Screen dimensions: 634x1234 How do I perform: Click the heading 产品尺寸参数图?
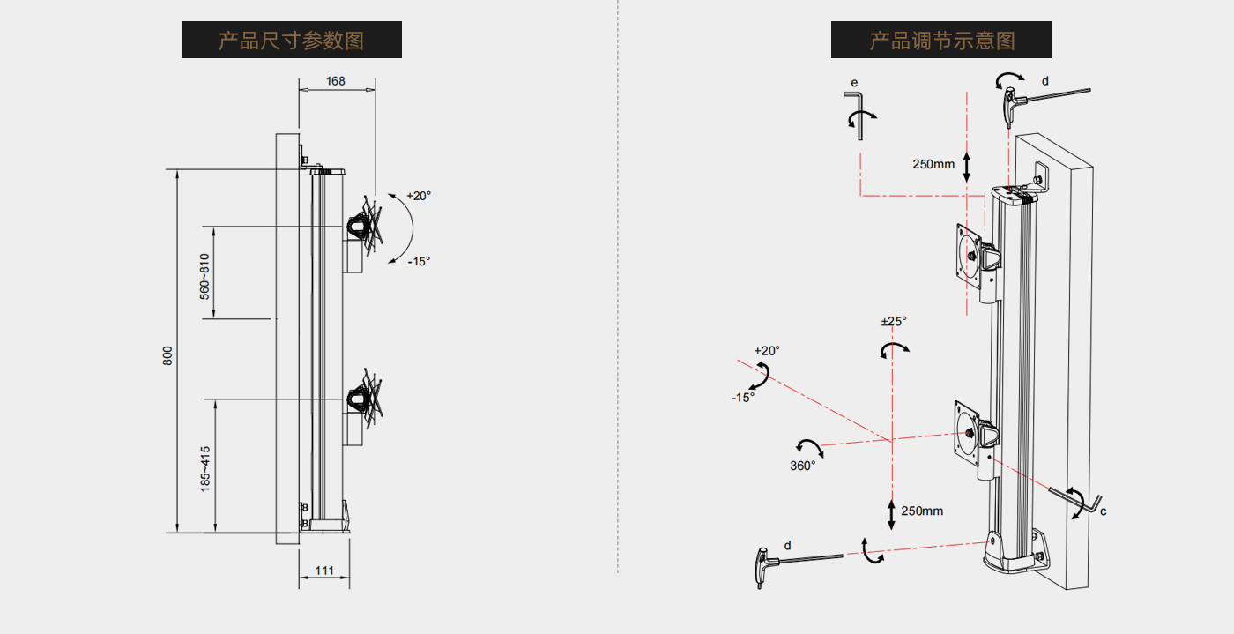291,41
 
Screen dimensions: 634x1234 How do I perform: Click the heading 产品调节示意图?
940,41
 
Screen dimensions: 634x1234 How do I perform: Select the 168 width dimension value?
335,81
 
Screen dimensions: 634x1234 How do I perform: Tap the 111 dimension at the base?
323,571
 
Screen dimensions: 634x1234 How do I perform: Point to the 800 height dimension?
167,354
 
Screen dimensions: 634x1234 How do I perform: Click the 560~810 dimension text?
204,276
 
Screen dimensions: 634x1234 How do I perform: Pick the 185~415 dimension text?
204,468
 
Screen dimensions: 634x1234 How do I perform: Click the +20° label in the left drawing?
419,196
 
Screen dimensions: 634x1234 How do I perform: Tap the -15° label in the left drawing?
419,261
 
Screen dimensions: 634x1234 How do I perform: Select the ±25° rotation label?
894,322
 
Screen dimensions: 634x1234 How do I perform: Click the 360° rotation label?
802,466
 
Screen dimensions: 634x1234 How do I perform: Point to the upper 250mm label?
933,164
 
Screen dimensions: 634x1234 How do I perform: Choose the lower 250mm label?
922,511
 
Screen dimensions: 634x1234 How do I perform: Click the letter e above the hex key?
853,82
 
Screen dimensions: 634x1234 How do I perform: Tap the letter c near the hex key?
1103,511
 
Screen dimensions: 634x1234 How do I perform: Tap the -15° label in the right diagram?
742,398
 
